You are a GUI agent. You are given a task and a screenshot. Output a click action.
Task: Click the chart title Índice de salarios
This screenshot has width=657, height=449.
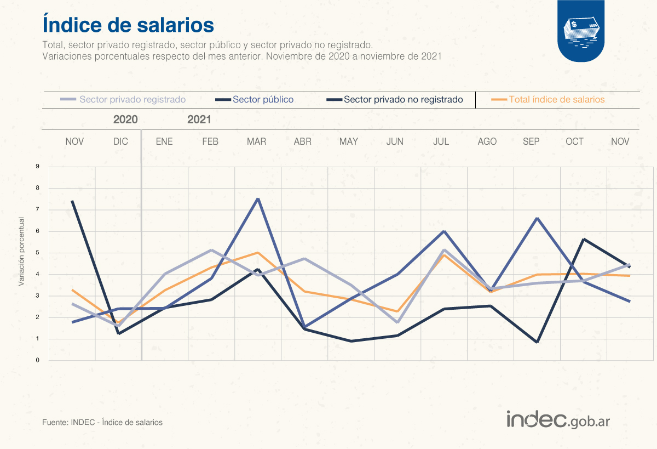[x=128, y=25]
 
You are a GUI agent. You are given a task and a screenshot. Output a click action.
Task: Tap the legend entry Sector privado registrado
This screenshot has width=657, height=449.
[x=132, y=100]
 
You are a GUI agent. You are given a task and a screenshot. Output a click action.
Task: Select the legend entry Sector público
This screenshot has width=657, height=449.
[x=263, y=100]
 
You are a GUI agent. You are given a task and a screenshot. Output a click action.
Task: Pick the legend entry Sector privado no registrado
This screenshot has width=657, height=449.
[x=403, y=100]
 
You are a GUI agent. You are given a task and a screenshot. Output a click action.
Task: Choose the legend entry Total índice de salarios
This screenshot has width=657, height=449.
[x=557, y=100]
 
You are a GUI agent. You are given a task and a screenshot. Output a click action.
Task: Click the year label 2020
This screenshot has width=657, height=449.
[x=125, y=120]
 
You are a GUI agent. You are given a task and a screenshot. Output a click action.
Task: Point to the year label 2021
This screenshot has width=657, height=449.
[x=199, y=120]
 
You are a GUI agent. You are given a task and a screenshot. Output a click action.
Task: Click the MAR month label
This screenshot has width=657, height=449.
[x=256, y=141]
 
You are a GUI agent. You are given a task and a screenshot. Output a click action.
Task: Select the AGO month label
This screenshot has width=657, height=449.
[x=487, y=141]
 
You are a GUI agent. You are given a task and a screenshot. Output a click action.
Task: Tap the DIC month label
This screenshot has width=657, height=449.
[x=120, y=141]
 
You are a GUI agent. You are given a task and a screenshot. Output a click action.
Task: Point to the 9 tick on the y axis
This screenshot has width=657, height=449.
[x=38, y=167]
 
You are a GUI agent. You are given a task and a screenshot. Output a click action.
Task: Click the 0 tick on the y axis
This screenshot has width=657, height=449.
[x=38, y=360]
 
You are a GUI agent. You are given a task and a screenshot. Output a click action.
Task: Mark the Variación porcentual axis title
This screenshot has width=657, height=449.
[x=22, y=252]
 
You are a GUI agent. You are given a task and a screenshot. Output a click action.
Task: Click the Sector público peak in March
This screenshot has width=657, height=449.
[x=258, y=198]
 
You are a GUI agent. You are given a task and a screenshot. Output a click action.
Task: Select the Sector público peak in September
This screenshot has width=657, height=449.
[x=537, y=218]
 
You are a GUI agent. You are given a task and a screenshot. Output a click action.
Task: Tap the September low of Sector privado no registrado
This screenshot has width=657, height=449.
[x=537, y=342]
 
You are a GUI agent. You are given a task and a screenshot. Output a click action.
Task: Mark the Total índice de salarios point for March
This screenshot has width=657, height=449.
[x=258, y=253]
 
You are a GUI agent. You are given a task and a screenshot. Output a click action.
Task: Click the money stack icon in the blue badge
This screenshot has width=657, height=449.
[x=581, y=31]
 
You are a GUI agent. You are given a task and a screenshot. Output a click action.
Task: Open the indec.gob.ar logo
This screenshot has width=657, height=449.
[x=558, y=420]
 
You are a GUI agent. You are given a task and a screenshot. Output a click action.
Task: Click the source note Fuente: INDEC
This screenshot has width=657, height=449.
[x=102, y=423]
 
